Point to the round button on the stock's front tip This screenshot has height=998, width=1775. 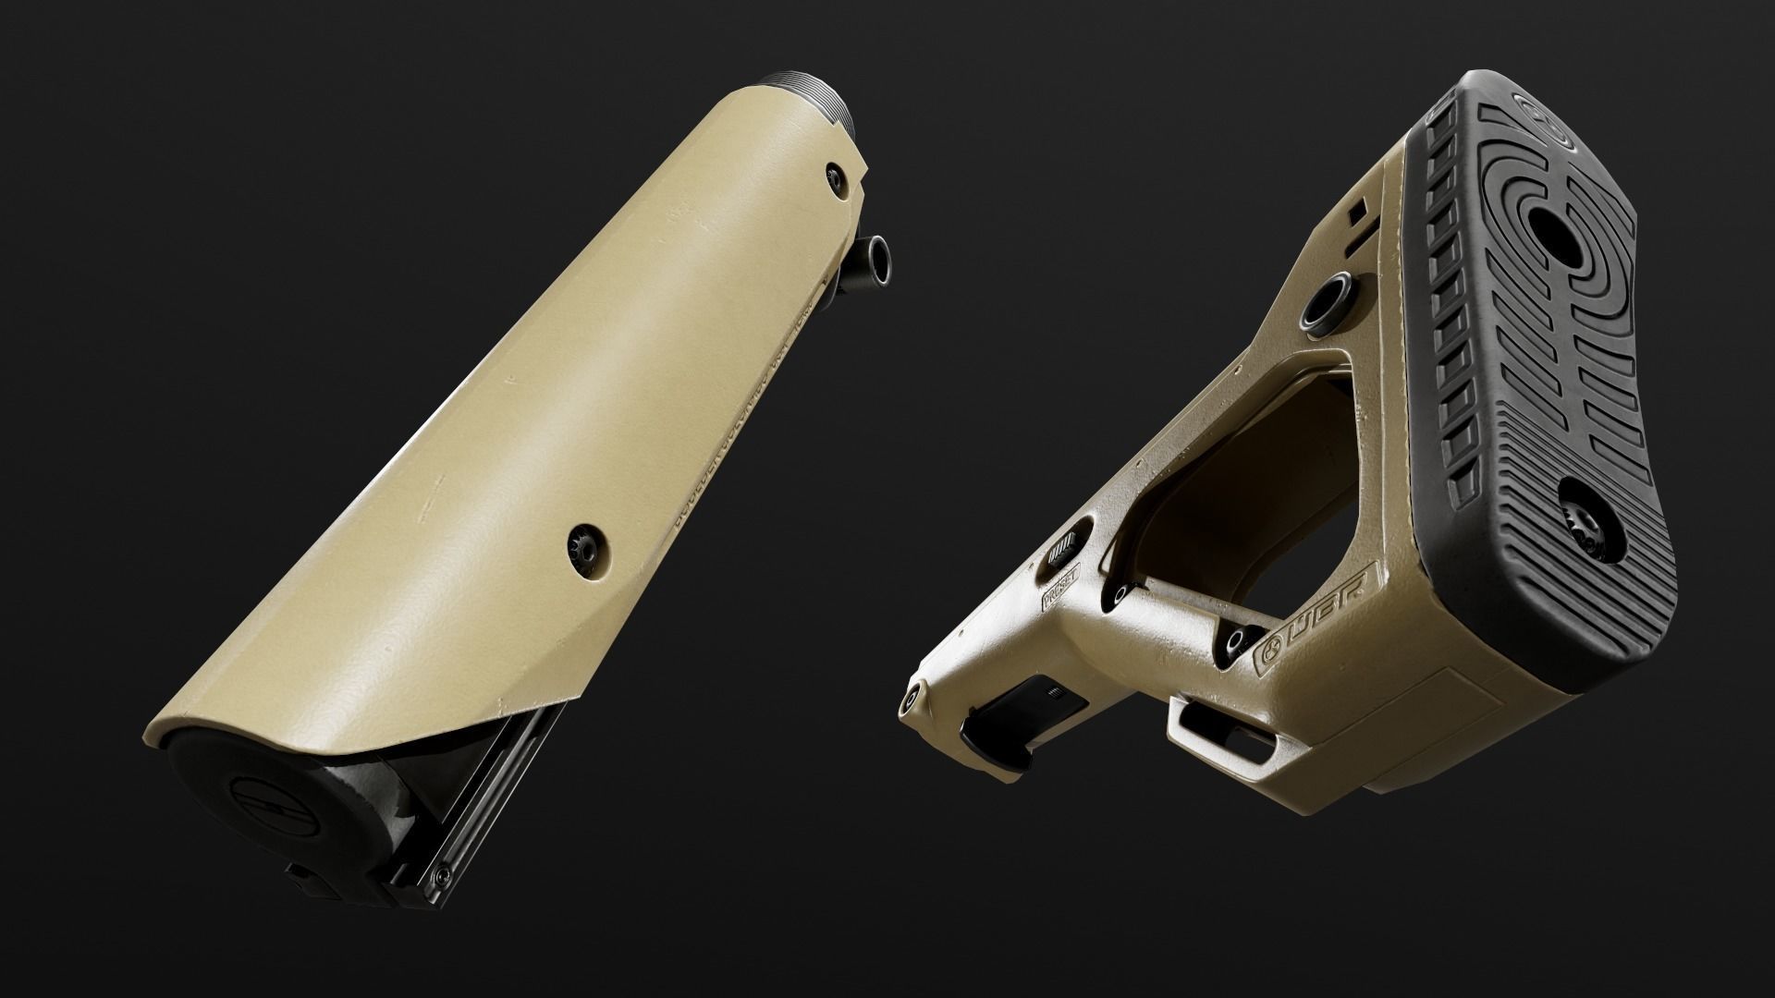(x=915, y=699)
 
